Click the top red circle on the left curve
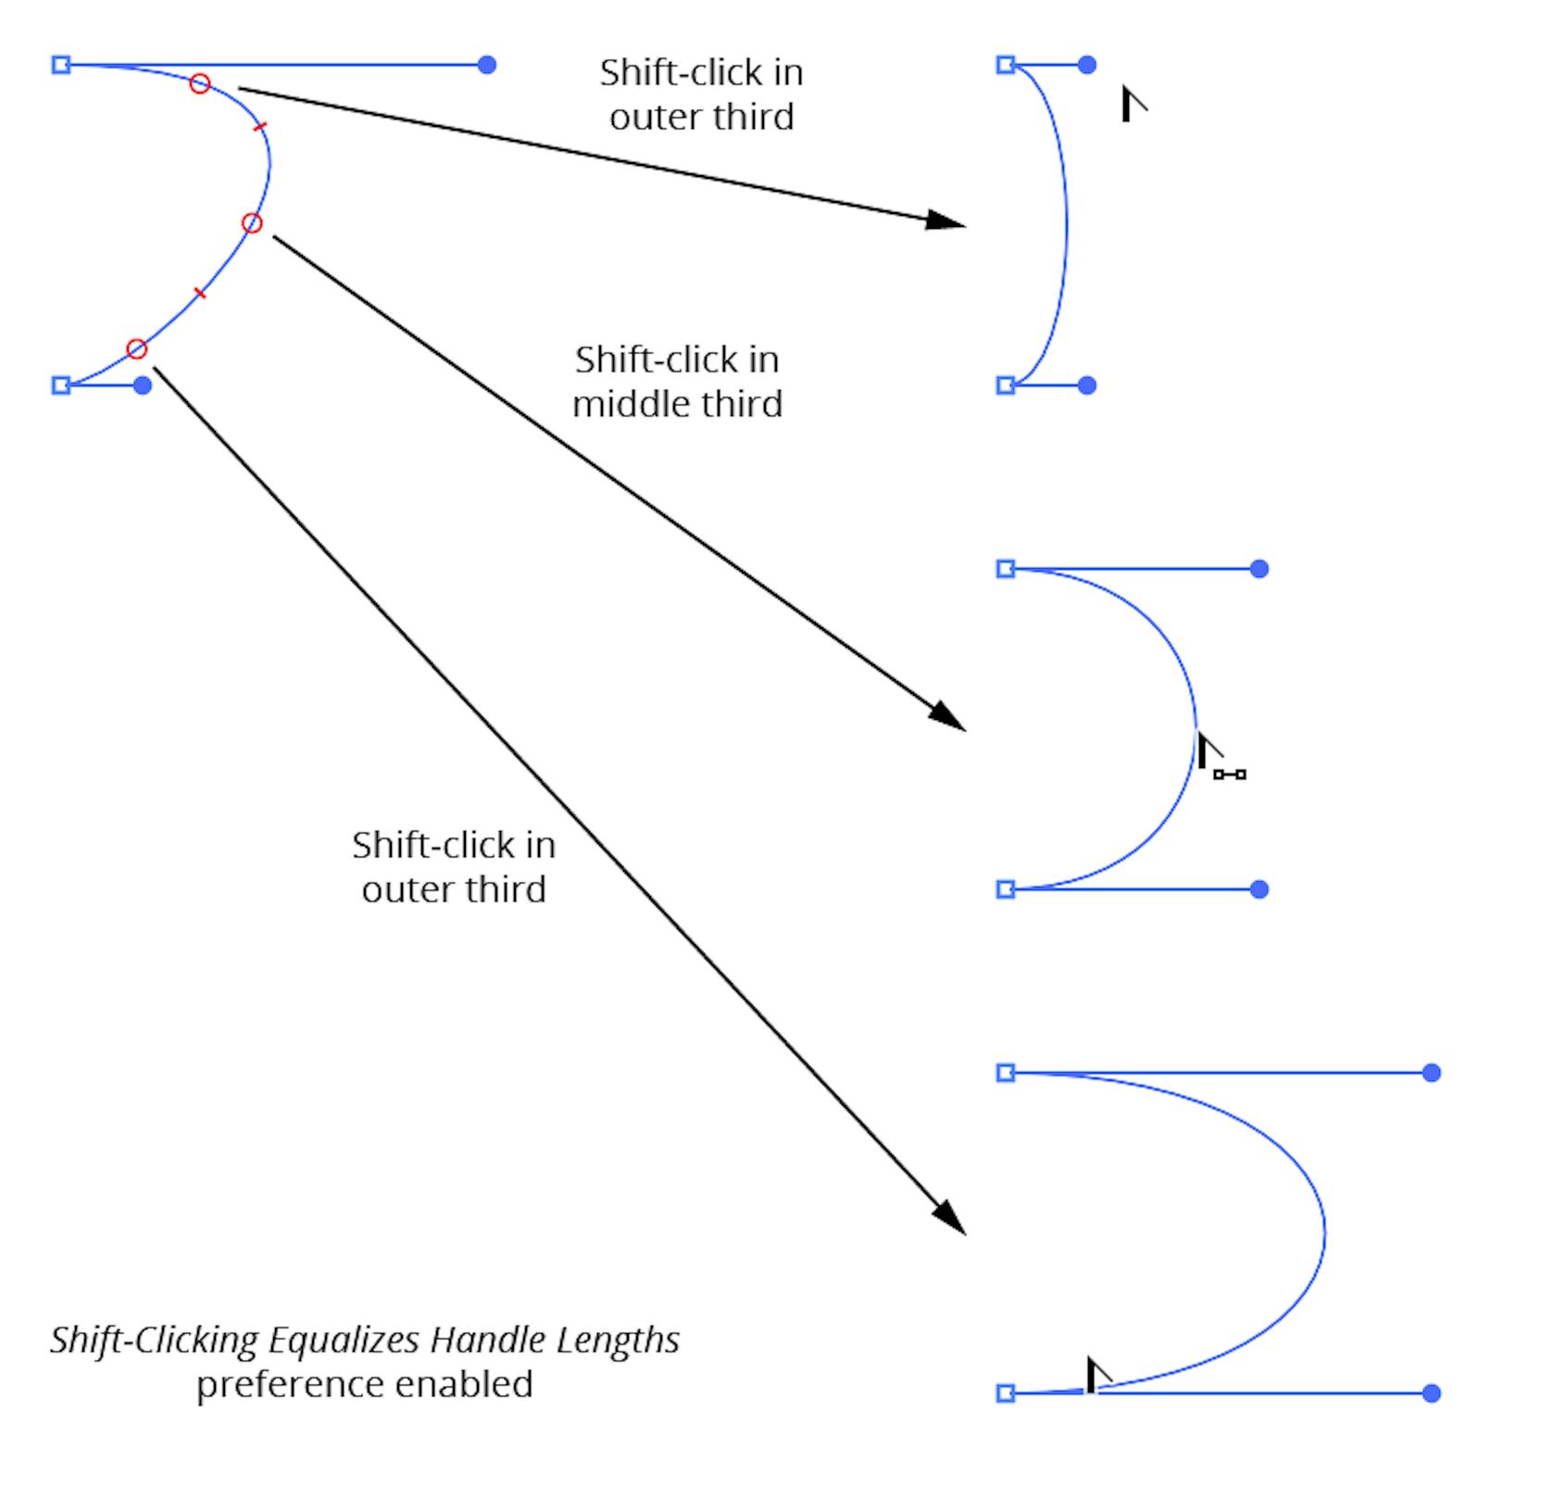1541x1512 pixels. pos(200,84)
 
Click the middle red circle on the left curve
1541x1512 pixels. pos(252,223)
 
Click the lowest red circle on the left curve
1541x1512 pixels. pos(136,349)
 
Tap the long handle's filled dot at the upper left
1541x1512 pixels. pos(487,65)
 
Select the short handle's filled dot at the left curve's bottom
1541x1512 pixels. pos(143,385)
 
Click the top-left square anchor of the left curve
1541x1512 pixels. pos(61,65)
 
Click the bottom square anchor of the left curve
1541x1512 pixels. pos(61,385)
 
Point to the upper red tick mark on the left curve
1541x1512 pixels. pos(260,126)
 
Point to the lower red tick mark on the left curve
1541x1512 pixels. pos(199,294)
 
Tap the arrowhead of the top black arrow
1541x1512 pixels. pos(946,220)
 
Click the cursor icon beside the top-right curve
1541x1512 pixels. pos(1132,102)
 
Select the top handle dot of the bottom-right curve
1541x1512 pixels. pos(1431,1073)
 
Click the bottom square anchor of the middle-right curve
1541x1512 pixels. pos(1006,889)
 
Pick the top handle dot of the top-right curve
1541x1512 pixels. pos(1087,65)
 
